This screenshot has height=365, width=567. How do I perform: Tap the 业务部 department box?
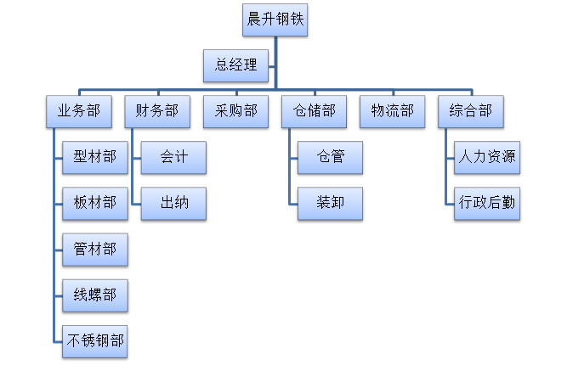(x=78, y=110)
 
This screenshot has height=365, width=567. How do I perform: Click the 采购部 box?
(x=235, y=110)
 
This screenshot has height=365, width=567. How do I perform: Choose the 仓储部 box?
(x=314, y=110)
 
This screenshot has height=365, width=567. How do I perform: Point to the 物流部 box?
(x=393, y=110)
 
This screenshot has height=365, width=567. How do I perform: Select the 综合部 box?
(x=470, y=110)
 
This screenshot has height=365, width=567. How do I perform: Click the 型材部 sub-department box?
(x=95, y=157)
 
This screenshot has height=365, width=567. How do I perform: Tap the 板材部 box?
(x=95, y=203)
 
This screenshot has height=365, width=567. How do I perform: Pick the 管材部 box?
(x=95, y=250)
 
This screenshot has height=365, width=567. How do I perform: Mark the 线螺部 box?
(x=95, y=295)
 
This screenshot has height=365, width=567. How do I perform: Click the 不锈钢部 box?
(x=95, y=341)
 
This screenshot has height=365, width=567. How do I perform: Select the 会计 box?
(x=173, y=157)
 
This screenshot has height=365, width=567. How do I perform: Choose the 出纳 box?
(x=173, y=203)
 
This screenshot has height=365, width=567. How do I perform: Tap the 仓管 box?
(x=330, y=157)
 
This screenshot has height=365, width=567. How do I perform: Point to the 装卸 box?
(x=330, y=203)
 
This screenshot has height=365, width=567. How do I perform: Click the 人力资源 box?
(x=487, y=157)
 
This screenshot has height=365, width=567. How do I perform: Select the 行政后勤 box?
(x=487, y=203)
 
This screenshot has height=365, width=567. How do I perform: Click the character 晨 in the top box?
(x=253, y=20)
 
